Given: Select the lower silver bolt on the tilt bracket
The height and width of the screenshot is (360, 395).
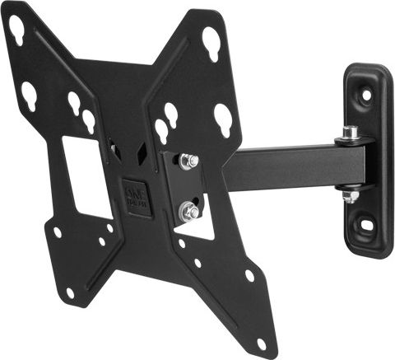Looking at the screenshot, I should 190,212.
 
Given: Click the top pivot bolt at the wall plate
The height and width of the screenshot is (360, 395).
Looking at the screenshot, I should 351,132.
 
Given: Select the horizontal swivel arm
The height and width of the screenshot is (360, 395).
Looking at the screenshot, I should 288,168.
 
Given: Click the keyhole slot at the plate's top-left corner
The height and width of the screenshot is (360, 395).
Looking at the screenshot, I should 16,30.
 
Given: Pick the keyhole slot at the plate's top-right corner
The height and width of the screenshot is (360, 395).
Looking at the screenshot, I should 211,39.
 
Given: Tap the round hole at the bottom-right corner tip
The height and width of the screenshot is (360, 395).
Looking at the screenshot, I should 262,342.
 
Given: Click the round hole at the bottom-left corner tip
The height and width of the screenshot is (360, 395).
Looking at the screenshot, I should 70,292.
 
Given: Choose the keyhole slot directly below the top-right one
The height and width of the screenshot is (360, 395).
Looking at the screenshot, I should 223,119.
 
